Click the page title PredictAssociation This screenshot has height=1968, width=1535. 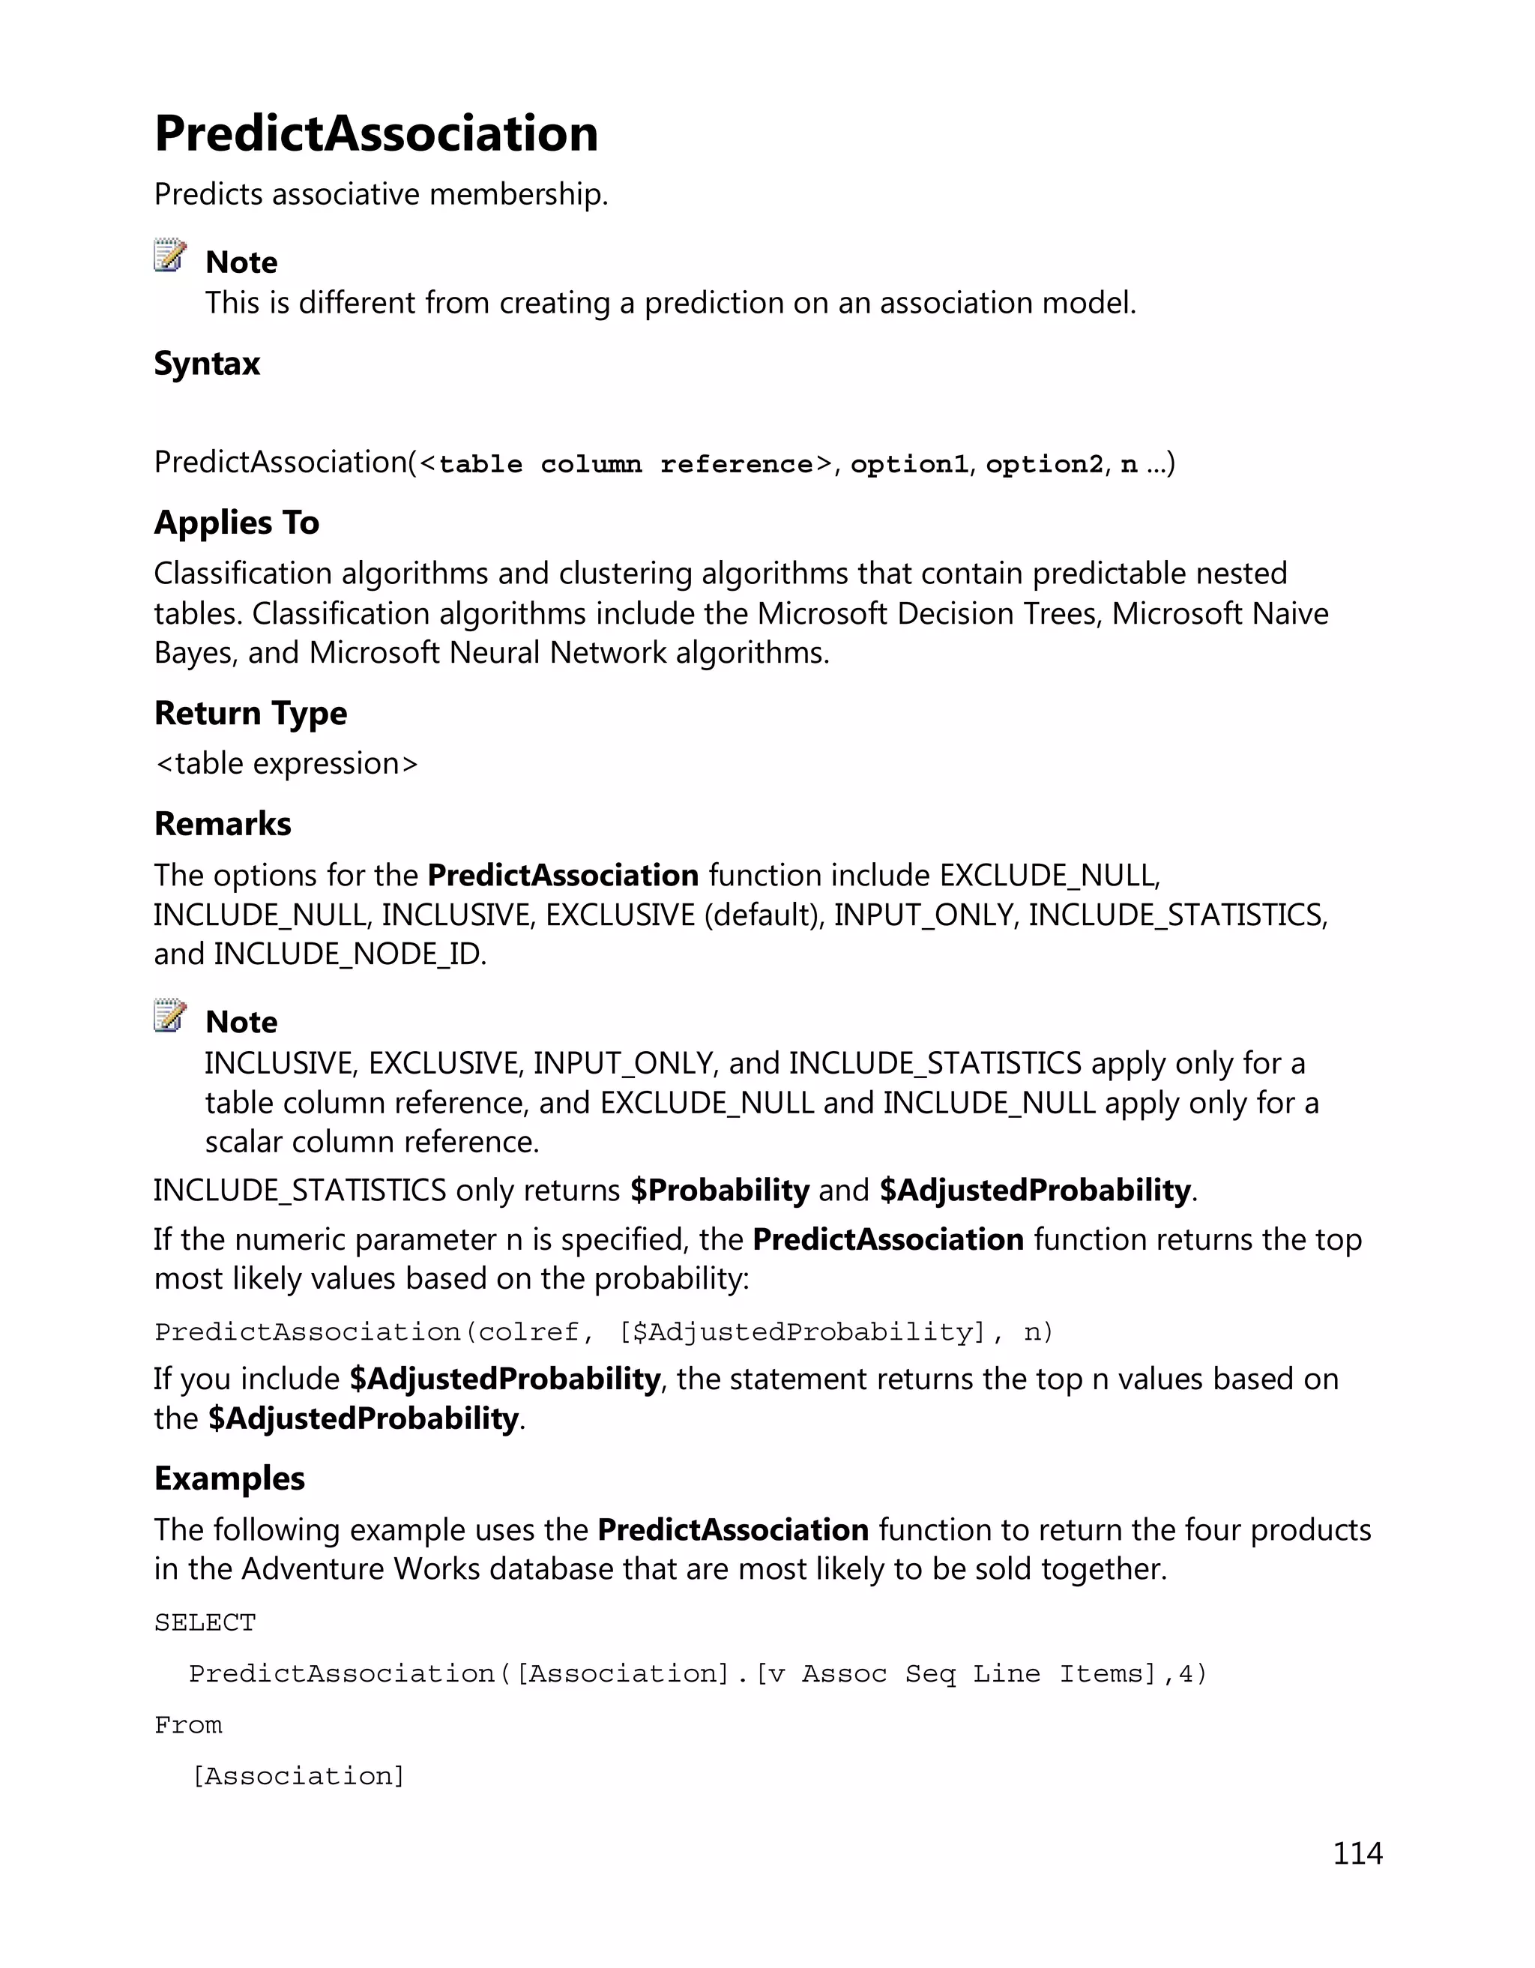click(x=376, y=133)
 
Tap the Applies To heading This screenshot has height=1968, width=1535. click(x=236, y=523)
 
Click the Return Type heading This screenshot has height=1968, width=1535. click(x=250, y=713)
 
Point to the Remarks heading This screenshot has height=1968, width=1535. click(x=223, y=824)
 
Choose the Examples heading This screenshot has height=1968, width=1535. click(x=229, y=1478)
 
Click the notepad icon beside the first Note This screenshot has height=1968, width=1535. click(x=169, y=256)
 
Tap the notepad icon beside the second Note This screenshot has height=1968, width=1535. click(x=169, y=1016)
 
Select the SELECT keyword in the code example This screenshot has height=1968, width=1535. click(x=205, y=1623)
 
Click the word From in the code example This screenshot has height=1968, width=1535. click(x=187, y=1724)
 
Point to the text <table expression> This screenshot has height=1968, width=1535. click(x=286, y=764)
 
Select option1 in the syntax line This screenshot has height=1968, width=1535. click(x=909, y=464)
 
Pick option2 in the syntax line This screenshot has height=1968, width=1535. click(x=1044, y=464)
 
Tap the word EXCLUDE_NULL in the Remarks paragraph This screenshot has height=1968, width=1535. click(x=1048, y=875)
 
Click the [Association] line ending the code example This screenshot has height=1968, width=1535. click(x=298, y=1776)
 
